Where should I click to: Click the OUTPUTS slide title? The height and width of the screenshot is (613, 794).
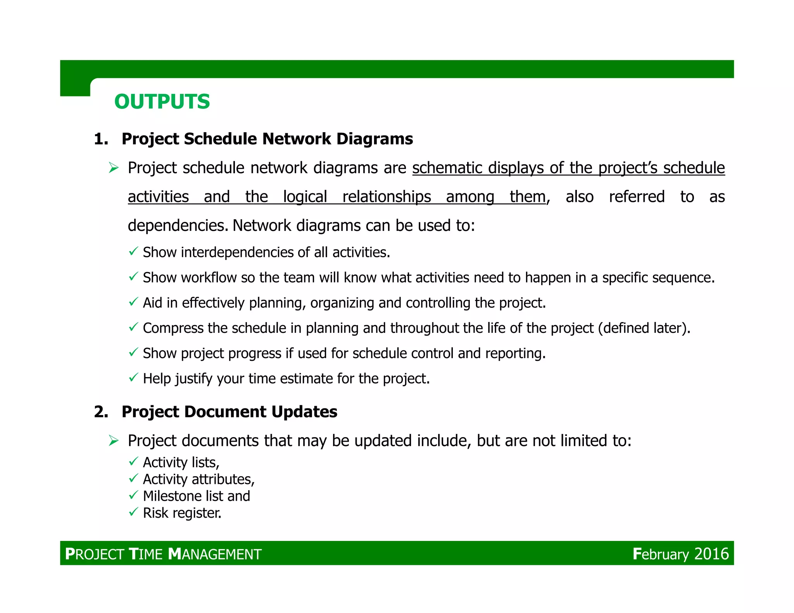162,102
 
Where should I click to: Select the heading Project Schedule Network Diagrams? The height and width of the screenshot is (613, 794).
267,139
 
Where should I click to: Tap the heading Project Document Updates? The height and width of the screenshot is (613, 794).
229,412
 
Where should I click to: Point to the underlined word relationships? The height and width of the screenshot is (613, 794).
387,197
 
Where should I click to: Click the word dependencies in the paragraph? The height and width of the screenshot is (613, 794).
178,226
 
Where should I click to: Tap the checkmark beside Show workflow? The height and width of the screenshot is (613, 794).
133,277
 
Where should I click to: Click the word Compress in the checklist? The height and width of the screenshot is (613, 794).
173,328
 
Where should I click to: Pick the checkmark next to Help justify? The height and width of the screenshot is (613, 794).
133,377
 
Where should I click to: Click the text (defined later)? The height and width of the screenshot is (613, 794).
644,328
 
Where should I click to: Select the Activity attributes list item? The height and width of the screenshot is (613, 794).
198,480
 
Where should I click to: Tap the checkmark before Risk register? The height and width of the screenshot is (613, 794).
133,512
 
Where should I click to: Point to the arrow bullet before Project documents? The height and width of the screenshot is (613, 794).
114,441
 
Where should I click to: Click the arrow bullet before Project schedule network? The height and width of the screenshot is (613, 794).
114,168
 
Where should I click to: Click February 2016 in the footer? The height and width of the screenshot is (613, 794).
680,554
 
